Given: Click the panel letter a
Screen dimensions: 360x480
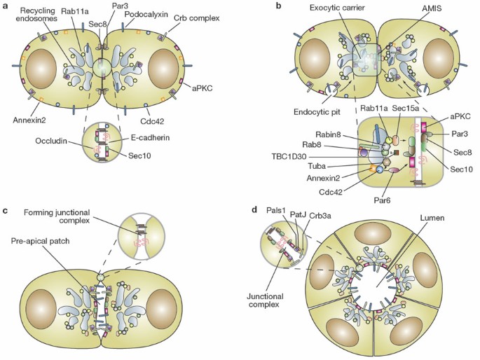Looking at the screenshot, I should tap(6, 7).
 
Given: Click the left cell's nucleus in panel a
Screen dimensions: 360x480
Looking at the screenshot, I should tap(41, 70).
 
